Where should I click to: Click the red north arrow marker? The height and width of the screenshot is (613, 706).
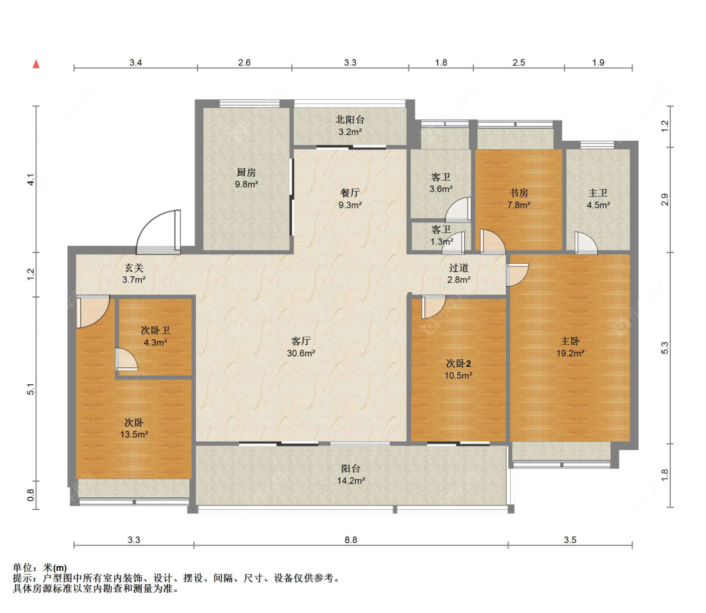(x=36, y=64)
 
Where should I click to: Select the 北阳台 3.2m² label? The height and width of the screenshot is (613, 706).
(x=350, y=126)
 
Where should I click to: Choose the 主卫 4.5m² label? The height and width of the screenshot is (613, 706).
(x=599, y=198)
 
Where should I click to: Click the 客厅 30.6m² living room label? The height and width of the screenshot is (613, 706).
(x=301, y=347)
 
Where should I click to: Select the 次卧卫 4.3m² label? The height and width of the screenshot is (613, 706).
(x=156, y=336)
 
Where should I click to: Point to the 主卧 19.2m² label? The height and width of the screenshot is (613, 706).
(x=570, y=347)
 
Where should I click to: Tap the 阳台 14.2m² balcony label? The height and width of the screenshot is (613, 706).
(x=351, y=475)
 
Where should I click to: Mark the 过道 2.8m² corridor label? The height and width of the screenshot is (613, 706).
(x=459, y=274)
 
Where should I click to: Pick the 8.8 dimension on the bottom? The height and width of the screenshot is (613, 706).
(x=351, y=540)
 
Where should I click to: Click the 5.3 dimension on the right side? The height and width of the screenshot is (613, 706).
(x=665, y=347)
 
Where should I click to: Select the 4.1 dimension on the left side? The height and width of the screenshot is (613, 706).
(x=31, y=180)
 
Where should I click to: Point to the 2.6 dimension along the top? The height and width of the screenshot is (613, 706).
(x=245, y=62)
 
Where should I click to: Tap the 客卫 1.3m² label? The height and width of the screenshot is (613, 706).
(x=441, y=236)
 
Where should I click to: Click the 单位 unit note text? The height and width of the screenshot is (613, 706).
(x=40, y=568)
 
